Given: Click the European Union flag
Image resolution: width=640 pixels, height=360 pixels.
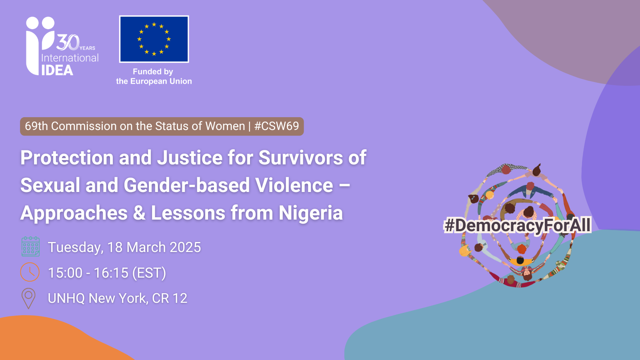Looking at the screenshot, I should (x=154, y=39).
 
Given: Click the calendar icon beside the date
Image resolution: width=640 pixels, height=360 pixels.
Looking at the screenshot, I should (x=30, y=246).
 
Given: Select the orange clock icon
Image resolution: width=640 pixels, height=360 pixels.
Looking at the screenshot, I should (x=30, y=272).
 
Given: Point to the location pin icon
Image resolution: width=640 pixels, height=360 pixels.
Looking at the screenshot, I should (x=28, y=298).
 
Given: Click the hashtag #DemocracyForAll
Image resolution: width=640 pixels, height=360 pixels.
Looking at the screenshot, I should (x=517, y=225).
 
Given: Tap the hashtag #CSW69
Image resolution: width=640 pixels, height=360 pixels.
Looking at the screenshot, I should (x=276, y=126).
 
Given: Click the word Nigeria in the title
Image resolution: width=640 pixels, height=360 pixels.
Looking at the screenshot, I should (x=310, y=213).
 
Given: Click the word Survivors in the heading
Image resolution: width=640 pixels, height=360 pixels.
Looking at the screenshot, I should (x=300, y=158).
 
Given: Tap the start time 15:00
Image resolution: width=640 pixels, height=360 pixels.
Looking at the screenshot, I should (x=65, y=273).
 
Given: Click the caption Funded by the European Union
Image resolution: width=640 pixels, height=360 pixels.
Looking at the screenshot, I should (x=154, y=76).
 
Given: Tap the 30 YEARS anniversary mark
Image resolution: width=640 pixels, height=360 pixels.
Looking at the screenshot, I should (x=75, y=42).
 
